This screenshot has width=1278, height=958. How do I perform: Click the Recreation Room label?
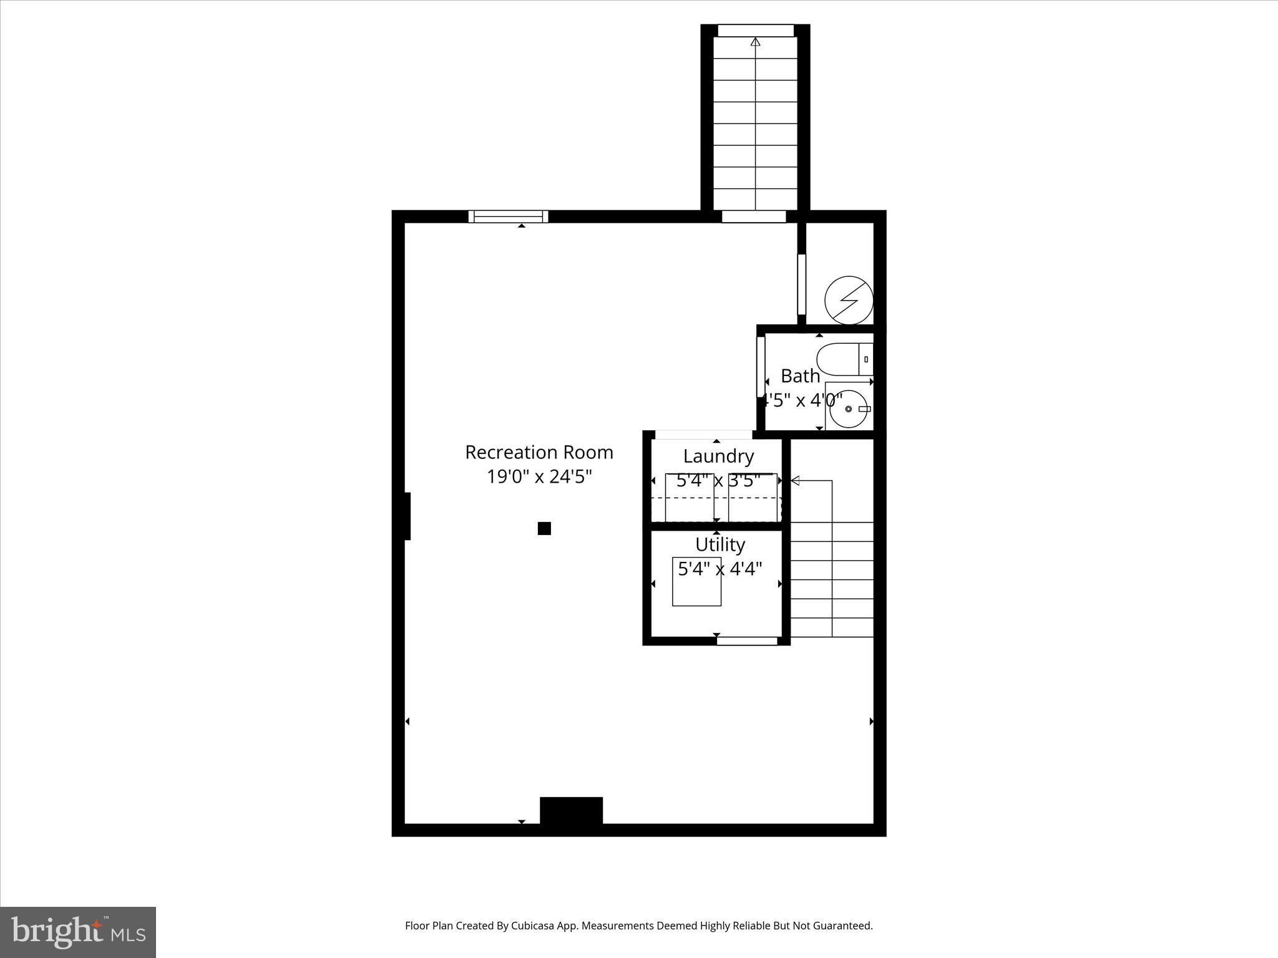pos(539,452)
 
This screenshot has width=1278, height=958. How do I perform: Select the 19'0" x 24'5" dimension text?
pos(539,477)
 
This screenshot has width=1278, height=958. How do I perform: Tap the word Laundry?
pos(718,457)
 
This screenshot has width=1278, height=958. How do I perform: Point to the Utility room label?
pos(720,545)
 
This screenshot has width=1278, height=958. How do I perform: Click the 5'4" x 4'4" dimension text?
pos(720,569)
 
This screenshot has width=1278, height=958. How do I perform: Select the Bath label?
pos(800,376)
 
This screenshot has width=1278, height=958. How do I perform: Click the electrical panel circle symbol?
pos(849,301)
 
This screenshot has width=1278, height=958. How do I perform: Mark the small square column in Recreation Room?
pos(544,529)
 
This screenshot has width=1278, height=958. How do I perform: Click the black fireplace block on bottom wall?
pos(571,811)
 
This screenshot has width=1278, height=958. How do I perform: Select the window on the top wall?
pos(509,216)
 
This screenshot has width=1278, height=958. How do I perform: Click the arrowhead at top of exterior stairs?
pos(756,42)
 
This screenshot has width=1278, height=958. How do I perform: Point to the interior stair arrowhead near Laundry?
pos(796,481)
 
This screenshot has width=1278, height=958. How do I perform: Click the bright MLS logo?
pos(78,932)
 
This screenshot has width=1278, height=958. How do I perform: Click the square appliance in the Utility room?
pos(696,581)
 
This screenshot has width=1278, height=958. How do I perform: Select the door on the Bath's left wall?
pos(761,370)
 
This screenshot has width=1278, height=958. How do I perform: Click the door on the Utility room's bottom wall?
pos(746,641)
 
